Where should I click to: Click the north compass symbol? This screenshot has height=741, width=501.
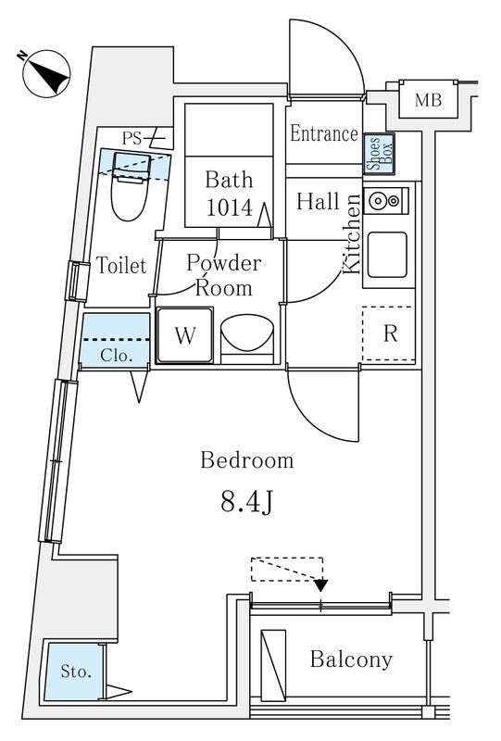46,73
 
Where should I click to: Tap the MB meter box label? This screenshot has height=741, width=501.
428,100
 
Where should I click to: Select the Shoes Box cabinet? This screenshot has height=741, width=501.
379,154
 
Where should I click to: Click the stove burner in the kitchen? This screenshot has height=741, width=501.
378,201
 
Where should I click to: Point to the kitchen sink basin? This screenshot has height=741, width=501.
387,255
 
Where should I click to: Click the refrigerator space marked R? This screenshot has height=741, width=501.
389,333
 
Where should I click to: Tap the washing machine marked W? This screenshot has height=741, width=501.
185,335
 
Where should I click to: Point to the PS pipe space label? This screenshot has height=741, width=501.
132,138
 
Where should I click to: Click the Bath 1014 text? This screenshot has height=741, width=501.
230,194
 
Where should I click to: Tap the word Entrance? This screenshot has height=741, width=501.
324,133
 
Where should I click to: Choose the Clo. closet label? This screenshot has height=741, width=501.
117,356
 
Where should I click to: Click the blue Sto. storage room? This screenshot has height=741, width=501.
74,671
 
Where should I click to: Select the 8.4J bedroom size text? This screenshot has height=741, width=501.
246,503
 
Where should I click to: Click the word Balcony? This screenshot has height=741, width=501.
351,659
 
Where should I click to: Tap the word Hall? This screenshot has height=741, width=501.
318,201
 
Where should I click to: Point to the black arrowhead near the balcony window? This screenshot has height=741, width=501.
321,585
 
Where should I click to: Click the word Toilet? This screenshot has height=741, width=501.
121,266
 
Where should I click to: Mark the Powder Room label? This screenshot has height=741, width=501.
223,275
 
